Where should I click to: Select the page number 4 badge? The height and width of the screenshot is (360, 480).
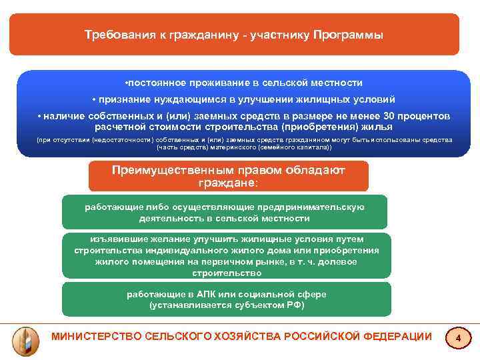(458, 339)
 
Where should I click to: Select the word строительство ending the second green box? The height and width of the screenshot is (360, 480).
(227, 273)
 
